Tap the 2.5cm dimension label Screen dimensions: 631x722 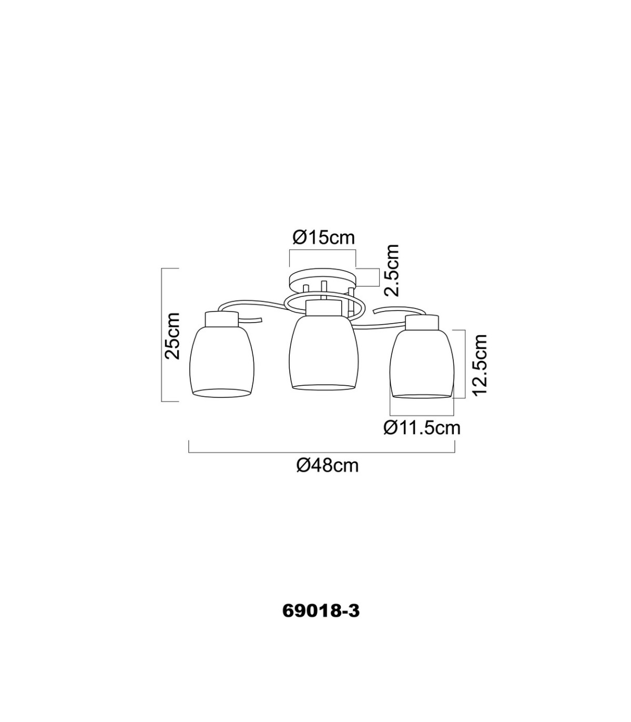tap(392, 270)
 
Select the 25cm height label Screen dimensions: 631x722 tap(172, 336)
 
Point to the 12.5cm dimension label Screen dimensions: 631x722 tap(480, 366)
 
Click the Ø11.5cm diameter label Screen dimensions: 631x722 tap(422, 428)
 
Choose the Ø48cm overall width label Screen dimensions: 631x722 tap(328, 466)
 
